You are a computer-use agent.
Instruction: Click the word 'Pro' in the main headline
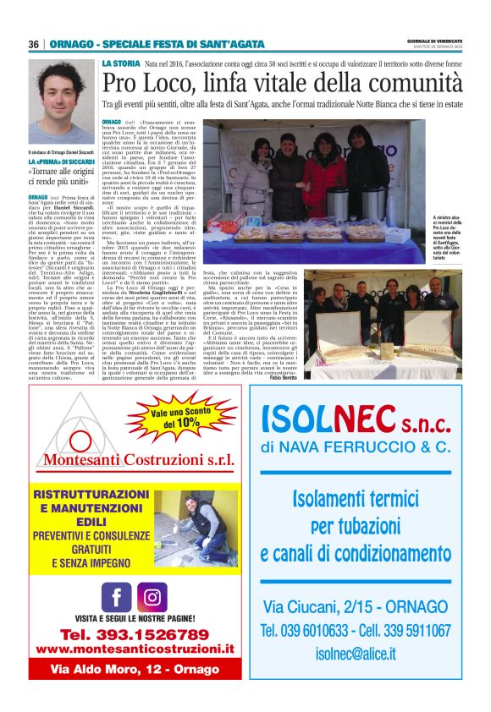[121, 84]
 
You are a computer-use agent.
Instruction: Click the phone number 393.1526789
[134, 634]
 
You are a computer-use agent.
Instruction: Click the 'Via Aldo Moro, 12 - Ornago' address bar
[135, 668]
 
